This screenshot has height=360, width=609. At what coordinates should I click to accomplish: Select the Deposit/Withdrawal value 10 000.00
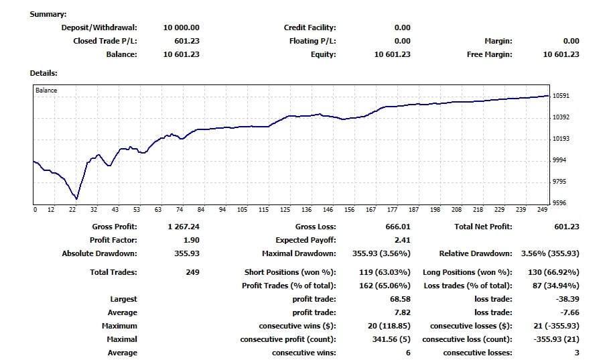point(181,27)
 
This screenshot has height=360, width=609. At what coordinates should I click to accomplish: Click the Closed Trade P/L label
point(105,41)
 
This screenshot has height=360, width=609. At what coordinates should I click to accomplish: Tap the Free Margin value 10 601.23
point(561,54)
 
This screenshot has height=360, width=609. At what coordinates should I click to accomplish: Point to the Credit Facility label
point(310,27)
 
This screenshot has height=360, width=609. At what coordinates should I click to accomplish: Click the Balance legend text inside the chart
point(46,90)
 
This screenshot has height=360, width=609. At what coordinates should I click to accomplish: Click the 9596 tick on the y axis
point(560,203)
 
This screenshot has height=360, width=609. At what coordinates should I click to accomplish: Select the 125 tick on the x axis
point(285,210)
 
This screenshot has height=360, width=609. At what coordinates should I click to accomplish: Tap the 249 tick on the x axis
point(543,210)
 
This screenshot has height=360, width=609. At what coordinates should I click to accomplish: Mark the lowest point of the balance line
point(77,199)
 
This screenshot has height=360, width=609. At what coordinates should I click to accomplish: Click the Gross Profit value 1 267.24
point(183,227)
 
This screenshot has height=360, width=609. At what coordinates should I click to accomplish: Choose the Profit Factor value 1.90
point(190,240)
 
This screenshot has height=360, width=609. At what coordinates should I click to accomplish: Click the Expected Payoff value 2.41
point(402,240)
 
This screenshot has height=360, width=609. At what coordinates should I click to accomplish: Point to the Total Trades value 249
point(192,272)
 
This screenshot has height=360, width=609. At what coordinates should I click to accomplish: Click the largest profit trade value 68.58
point(399,299)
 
